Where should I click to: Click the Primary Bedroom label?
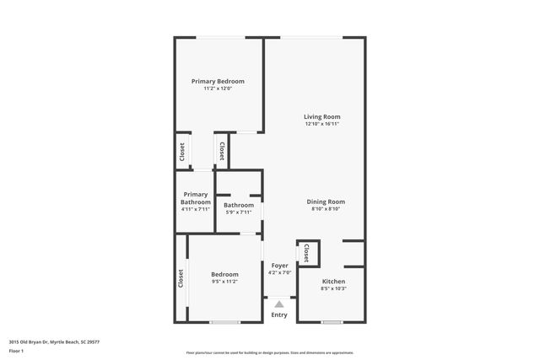218,81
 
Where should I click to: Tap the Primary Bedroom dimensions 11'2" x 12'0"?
218,89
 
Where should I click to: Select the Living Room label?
322,116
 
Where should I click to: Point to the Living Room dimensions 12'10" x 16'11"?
322,124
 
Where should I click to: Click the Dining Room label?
325,201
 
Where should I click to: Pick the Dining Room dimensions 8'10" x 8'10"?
325,209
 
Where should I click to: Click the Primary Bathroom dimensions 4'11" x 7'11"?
195,209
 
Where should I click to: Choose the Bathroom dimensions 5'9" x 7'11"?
239,212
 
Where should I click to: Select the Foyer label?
279,266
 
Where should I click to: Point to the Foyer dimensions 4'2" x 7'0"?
279,273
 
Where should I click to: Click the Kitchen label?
334,281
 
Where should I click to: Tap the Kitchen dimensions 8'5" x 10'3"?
334,288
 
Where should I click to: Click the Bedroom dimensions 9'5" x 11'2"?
224,282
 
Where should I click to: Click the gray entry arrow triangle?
279,304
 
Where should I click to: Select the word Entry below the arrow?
279,315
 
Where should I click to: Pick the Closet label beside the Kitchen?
306,254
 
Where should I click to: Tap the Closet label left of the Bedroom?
181,277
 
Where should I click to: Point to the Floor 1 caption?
17,352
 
